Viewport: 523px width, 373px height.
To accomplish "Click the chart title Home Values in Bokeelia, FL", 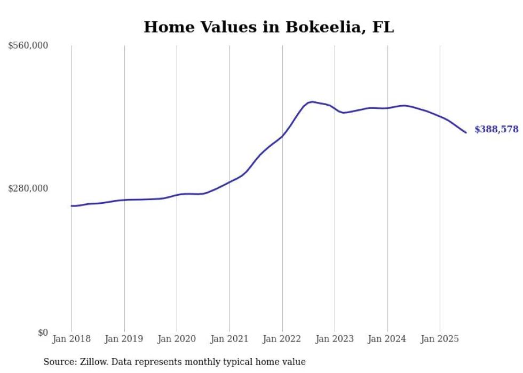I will (x=268, y=27).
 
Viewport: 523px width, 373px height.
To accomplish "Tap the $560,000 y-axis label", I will (x=28, y=46).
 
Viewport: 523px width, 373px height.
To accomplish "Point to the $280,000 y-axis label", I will (x=28, y=188).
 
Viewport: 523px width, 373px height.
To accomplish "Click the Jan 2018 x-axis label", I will (x=72, y=339).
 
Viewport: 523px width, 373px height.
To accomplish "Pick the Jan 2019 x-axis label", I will (x=124, y=339).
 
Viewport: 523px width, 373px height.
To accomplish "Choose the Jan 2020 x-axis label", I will (x=177, y=339).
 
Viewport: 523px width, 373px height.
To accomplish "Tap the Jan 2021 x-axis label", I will (x=229, y=339).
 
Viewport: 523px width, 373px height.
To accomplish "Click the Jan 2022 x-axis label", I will (x=282, y=339).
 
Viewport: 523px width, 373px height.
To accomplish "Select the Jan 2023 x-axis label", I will (x=335, y=339).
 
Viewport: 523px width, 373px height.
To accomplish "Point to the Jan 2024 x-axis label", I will (x=387, y=339).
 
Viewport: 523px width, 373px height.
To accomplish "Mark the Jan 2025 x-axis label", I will (x=440, y=339).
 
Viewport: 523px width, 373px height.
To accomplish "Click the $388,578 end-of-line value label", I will (x=496, y=130).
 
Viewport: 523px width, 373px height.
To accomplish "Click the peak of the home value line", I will (x=312, y=101).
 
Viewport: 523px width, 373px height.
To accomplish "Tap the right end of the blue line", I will (x=466, y=132).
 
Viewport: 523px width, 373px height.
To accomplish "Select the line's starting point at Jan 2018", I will (x=72, y=205).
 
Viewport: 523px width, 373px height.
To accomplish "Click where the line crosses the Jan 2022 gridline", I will (x=282, y=136).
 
